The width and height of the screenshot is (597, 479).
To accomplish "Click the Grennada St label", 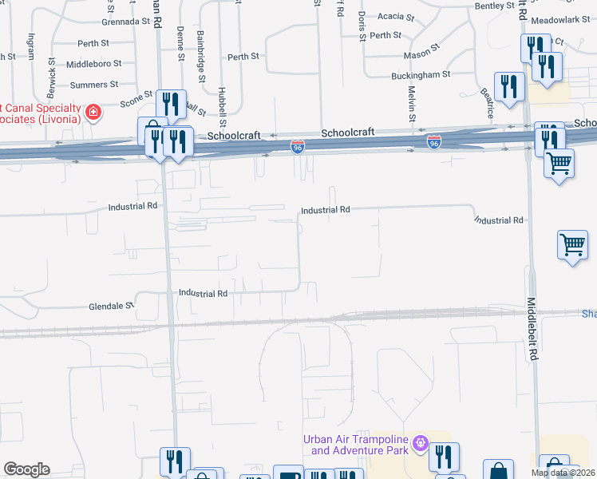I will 121,22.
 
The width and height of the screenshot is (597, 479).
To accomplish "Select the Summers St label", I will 94,84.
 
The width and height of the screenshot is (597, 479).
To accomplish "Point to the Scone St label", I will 136,100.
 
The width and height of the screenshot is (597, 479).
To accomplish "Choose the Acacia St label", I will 396,16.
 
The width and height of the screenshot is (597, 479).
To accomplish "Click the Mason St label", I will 421,55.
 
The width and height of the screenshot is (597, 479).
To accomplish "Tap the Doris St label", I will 362,26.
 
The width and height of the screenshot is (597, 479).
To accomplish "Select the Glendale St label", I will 112,306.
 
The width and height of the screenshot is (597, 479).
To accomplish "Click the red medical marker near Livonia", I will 93,112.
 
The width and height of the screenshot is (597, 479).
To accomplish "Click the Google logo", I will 27,469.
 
